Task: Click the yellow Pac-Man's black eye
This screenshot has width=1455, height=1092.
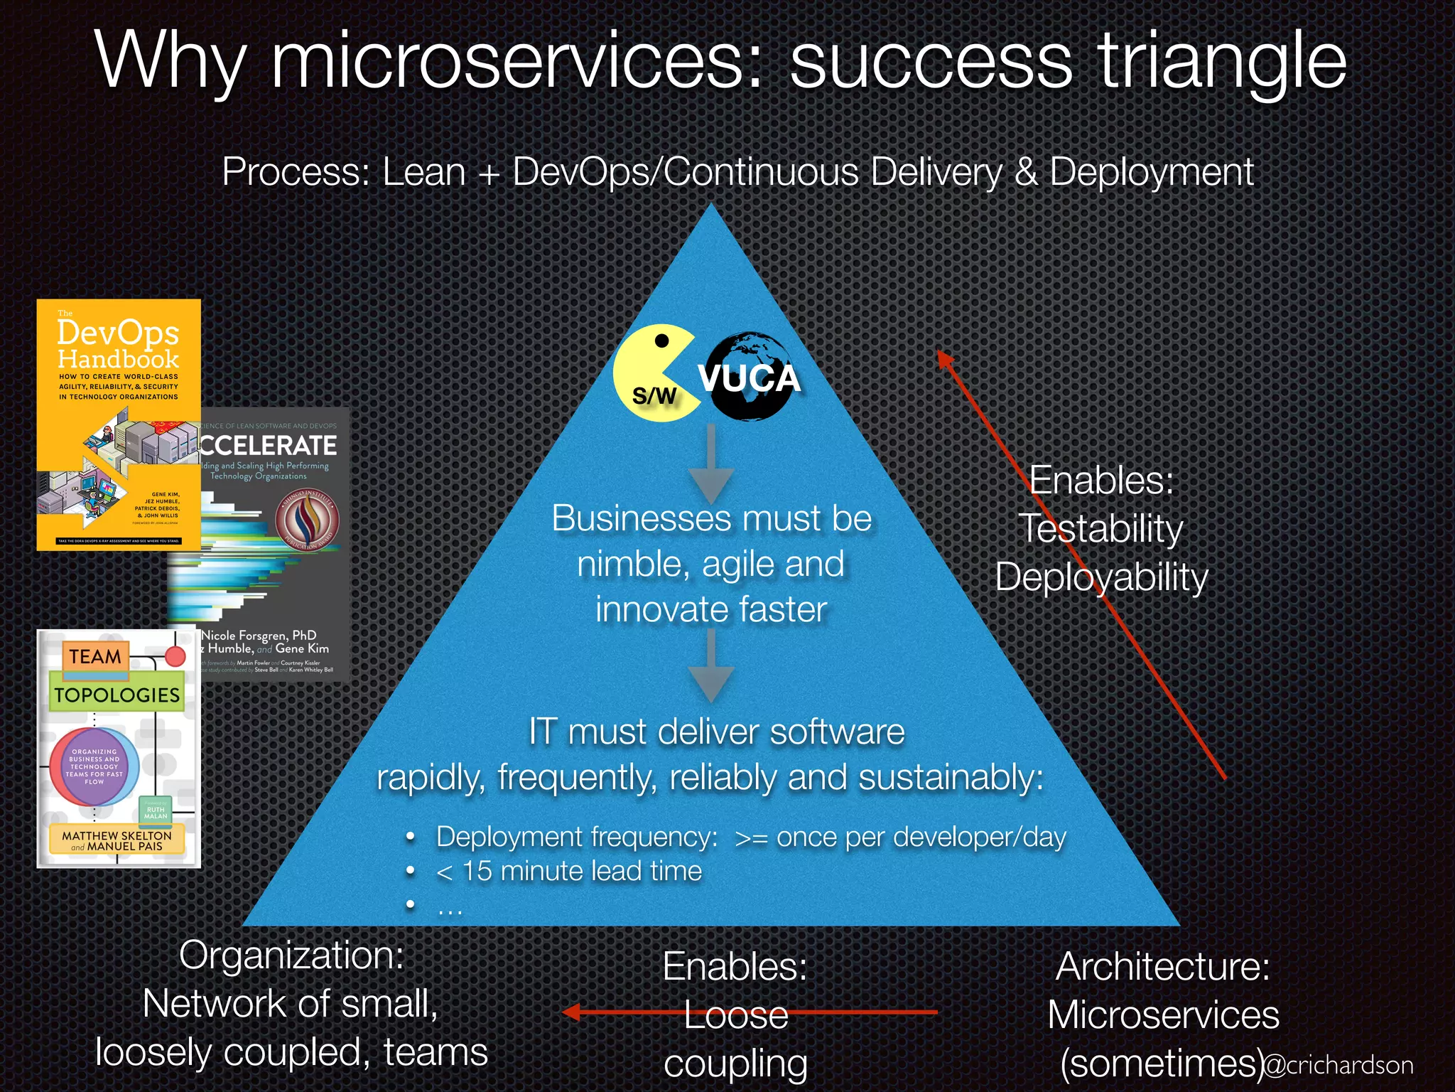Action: tap(661, 341)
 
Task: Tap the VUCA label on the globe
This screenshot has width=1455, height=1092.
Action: tap(749, 378)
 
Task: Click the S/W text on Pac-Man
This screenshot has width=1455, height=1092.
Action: tap(654, 396)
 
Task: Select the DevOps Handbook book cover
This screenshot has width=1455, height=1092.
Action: tap(119, 424)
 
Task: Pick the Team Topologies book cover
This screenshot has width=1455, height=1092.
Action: tap(119, 748)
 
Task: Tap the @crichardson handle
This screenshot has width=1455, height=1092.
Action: tap(1338, 1064)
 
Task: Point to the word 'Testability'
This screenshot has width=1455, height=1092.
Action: tap(1102, 529)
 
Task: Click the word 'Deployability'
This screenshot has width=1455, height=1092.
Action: tap(1102, 577)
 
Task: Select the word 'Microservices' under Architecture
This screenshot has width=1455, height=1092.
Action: tap(1163, 1015)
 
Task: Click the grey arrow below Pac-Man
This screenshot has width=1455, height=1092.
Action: tap(711, 466)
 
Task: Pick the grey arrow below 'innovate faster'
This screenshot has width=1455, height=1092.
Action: tap(711, 668)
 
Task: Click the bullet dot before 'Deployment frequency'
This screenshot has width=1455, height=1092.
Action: tap(410, 837)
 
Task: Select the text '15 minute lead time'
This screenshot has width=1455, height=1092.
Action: tap(581, 871)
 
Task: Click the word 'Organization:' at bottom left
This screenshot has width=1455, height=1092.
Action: tap(291, 955)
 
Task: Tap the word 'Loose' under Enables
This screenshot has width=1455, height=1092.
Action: tap(736, 1015)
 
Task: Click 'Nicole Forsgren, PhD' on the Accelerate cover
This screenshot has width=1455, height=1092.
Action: tap(259, 635)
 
